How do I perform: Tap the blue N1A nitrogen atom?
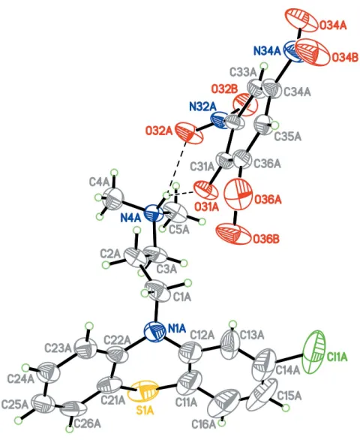coord(154,331)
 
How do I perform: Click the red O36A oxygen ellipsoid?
coord(238,195)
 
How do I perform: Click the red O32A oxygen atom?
coord(188,133)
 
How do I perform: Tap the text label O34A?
coord(333,26)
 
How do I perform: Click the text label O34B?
coord(345,58)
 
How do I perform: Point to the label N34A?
coord(267,51)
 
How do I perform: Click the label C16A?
coord(204,424)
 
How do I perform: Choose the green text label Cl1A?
coord(337,357)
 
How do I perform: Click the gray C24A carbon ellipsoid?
coord(49,373)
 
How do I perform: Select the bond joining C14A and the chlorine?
coord(289,357)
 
